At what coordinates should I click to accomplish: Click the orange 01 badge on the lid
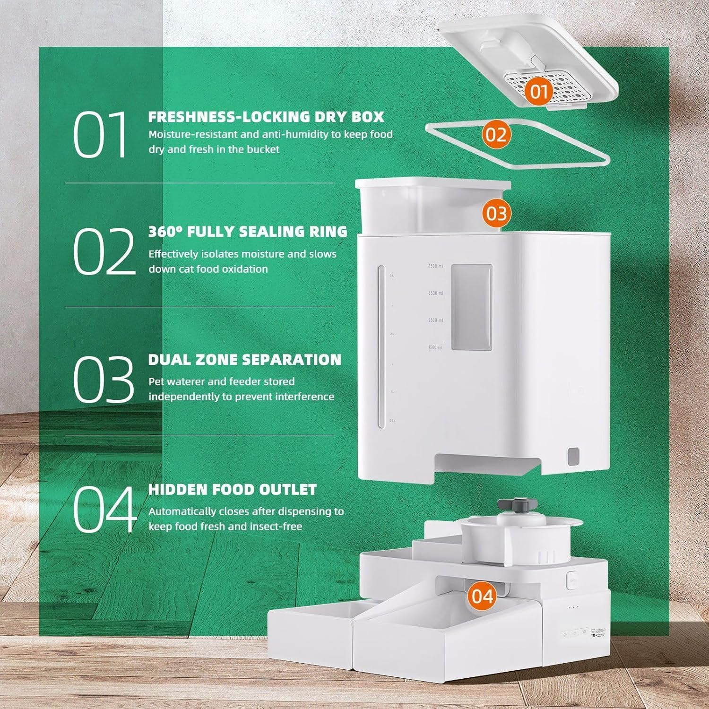coord(538,91)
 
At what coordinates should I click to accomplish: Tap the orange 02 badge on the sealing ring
coord(496,134)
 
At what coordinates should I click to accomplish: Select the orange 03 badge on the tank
coord(496,213)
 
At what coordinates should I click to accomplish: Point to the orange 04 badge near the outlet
coord(482,596)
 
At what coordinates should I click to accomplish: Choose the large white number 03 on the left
coord(104,379)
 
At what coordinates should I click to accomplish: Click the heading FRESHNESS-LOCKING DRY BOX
coord(266,117)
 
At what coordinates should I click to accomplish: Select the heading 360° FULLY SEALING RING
coord(248,232)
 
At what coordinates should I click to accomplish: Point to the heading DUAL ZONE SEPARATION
coord(244,360)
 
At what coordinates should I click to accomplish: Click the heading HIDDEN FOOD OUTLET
coord(232,490)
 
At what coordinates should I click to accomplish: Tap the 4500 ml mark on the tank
coord(435,266)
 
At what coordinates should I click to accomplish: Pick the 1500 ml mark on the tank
coord(435,347)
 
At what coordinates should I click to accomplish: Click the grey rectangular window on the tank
coord(471,307)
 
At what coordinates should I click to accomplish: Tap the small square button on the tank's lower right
coord(574,457)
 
